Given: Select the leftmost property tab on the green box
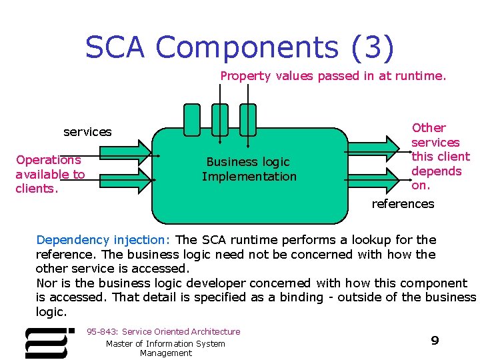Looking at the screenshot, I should tap(191, 118).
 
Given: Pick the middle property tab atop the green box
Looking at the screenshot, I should tap(219, 118).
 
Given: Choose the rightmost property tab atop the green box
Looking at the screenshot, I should tap(248, 118).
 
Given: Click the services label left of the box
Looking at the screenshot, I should tap(87, 132).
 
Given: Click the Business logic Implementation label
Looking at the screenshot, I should tap(249, 169).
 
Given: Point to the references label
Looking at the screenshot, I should tap(403, 204).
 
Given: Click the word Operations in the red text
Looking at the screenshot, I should tap(49, 160).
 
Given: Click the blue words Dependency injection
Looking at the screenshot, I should tap(104, 239).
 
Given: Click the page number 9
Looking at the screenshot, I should tap(435, 341).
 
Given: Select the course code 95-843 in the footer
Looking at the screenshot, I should tap(101, 331).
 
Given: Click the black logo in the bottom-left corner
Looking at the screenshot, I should tap(49, 342).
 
